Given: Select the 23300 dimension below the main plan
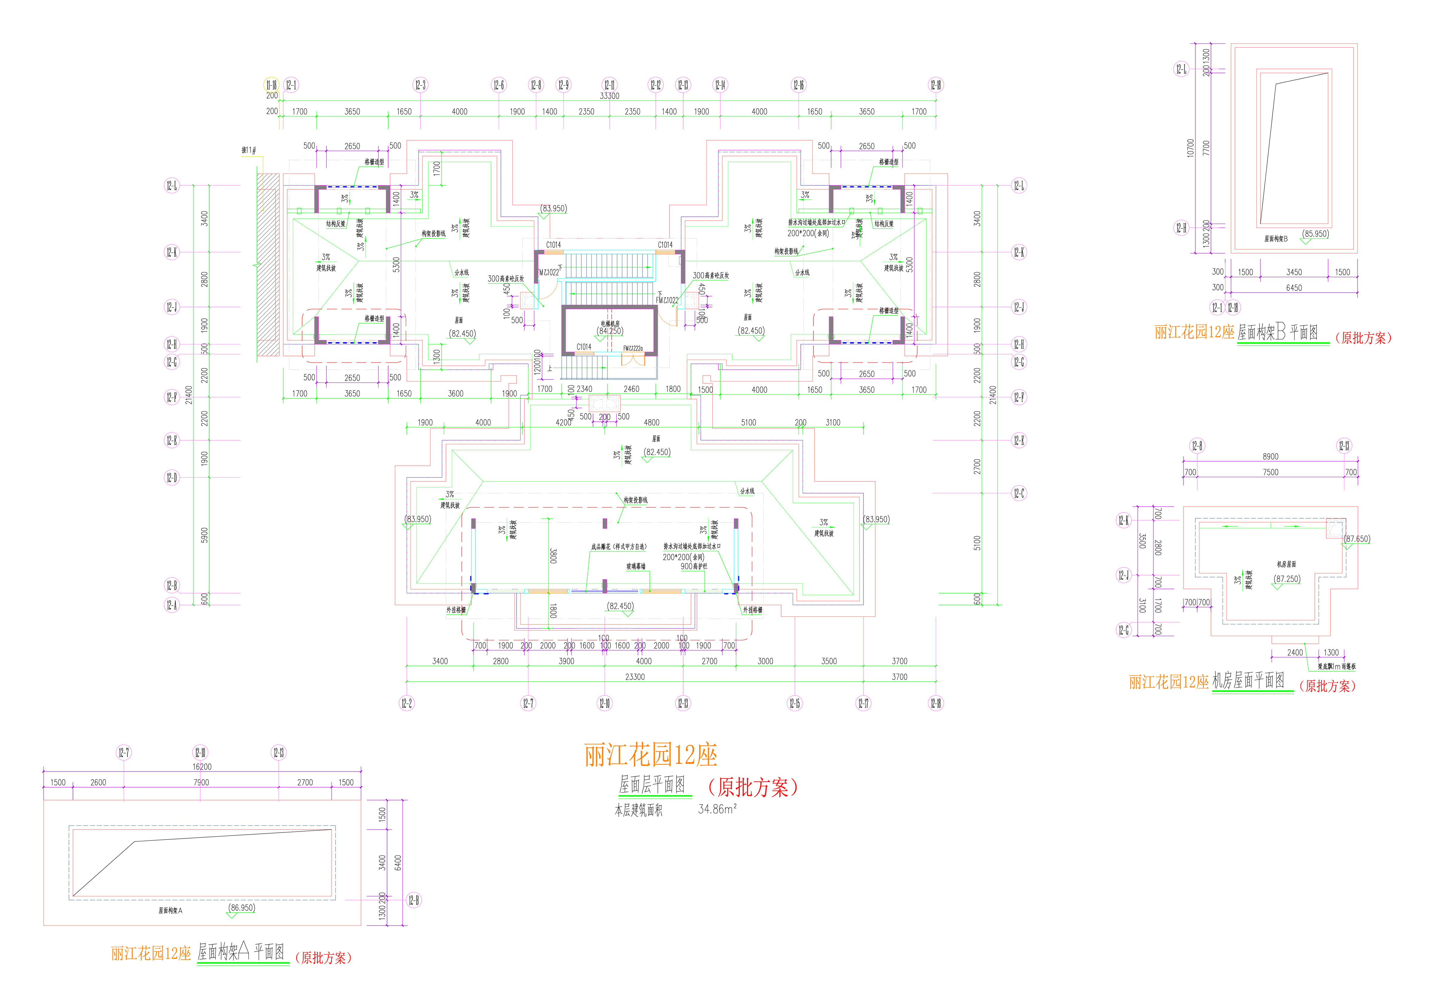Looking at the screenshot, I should click(635, 677).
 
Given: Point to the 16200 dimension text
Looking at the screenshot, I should click(202, 766).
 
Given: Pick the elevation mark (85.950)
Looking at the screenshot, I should click(1315, 234).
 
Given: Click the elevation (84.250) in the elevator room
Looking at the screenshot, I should click(610, 331).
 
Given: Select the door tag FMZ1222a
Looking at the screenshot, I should click(633, 348).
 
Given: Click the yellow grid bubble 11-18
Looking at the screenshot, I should click(271, 85).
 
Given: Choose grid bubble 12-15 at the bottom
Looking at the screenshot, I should click(794, 703).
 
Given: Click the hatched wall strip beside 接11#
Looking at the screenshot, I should click(268, 265).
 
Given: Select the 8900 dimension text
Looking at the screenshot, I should click(1270, 456).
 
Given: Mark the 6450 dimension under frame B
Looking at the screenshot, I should click(1294, 288).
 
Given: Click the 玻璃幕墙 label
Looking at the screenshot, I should click(636, 566).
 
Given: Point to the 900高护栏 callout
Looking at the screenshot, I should click(694, 566).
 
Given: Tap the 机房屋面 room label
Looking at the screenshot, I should click(1286, 564).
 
